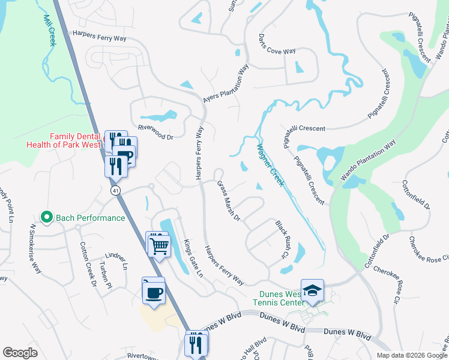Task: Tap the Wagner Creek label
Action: pos(270,164)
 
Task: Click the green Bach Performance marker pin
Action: pos(45,217)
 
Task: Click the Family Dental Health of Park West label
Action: pos(64,140)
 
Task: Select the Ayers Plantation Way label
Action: pos(225,86)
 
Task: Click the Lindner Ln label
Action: pos(117,259)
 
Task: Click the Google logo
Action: pos(20,353)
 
